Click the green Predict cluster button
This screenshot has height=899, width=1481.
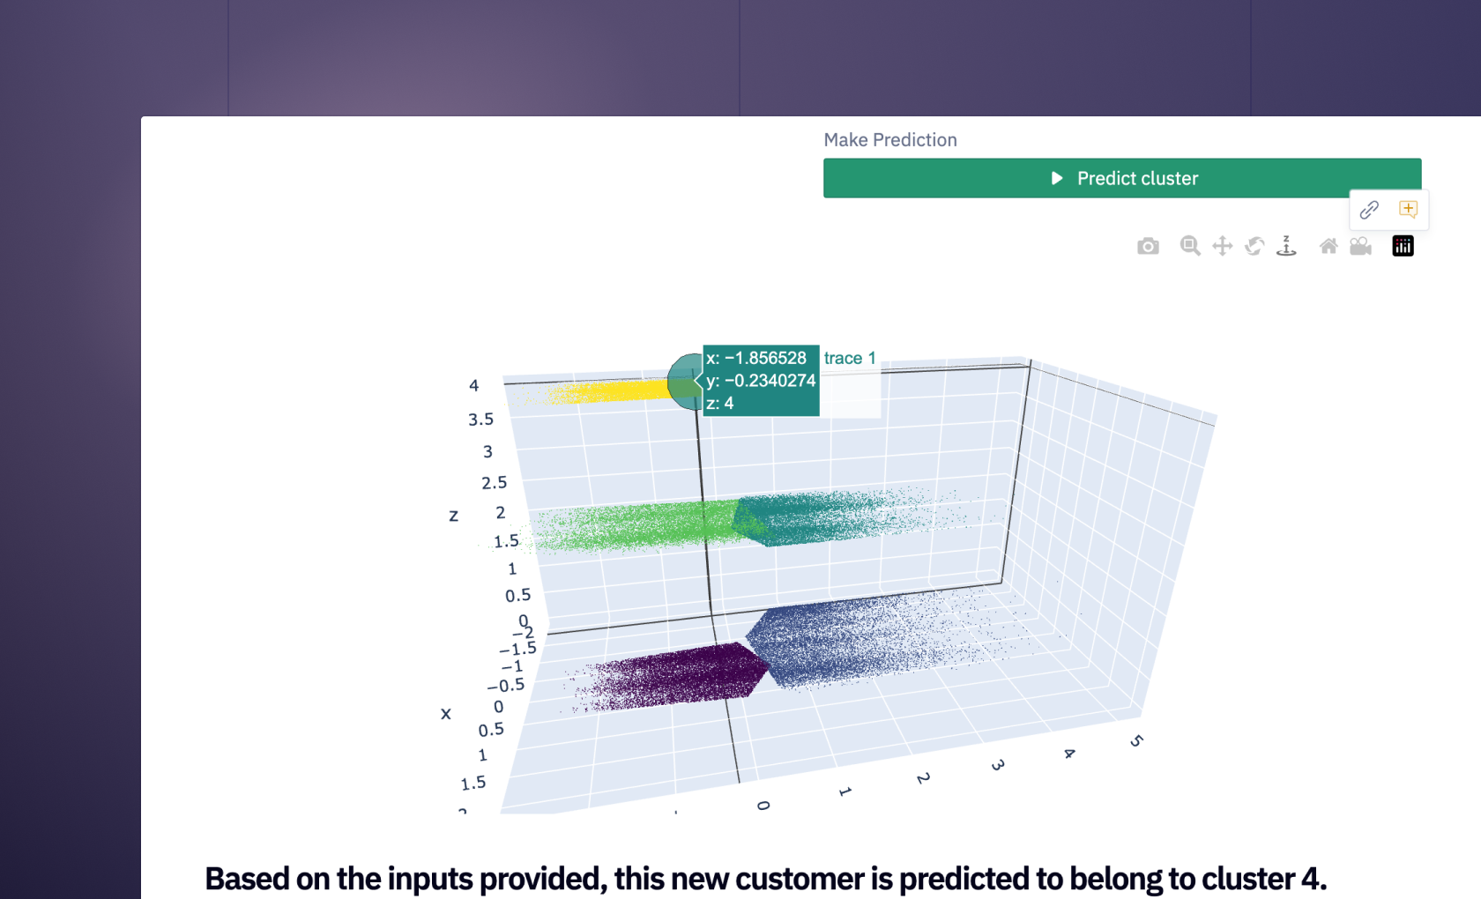pyautogui.click(x=1121, y=178)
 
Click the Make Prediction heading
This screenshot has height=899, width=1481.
pyautogui.click(x=889, y=140)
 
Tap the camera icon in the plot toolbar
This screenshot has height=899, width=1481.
pyautogui.click(x=1148, y=247)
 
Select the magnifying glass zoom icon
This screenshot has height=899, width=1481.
pyautogui.click(x=1190, y=247)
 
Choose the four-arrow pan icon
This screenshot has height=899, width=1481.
pyautogui.click(x=1222, y=247)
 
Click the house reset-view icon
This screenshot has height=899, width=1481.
pyautogui.click(x=1328, y=247)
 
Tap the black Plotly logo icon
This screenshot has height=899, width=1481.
pyautogui.click(x=1403, y=247)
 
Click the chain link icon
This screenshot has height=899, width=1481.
pyautogui.click(x=1369, y=210)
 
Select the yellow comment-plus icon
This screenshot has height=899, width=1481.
pyautogui.click(x=1408, y=210)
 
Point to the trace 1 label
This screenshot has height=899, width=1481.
pyautogui.click(x=849, y=358)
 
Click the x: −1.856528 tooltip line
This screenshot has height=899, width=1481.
pyautogui.click(x=756, y=358)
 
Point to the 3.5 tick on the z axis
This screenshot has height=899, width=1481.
pyautogui.click(x=480, y=420)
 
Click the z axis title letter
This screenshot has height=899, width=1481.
pyautogui.click(x=454, y=516)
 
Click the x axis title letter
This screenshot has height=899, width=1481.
pyautogui.click(x=446, y=714)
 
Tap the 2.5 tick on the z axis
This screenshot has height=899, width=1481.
pyautogui.click(x=494, y=483)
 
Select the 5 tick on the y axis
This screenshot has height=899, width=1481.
pyautogui.click(x=1136, y=741)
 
